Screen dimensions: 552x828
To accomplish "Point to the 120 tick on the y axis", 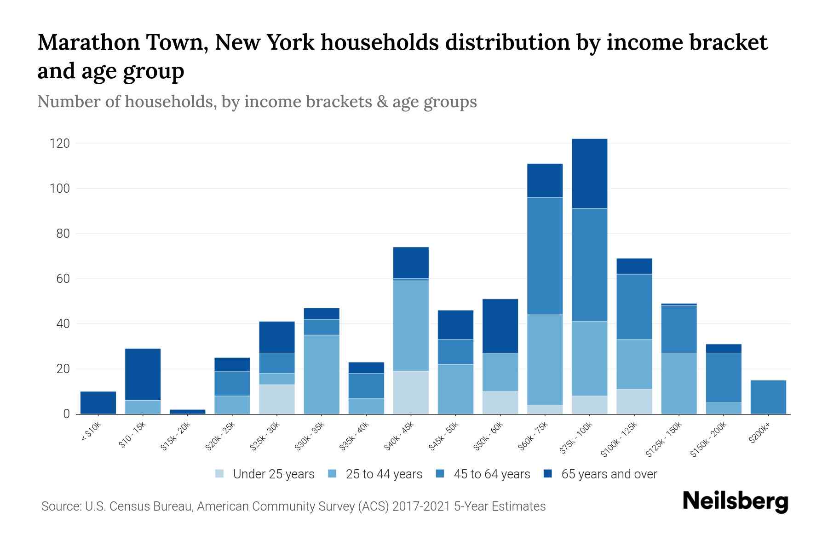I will pyautogui.click(x=60, y=144).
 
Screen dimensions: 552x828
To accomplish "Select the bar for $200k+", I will pyautogui.click(x=768, y=397).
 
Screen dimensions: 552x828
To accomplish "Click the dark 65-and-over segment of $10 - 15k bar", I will pyautogui.click(x=143, y=374).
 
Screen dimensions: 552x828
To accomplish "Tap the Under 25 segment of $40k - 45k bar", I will pyautogui.click(x=411, y=392).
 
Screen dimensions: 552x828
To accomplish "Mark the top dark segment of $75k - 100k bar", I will pyautogui.click(x=589, y=174).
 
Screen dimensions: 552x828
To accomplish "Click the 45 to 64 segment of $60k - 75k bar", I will pyautogui.click(x=545, y=256).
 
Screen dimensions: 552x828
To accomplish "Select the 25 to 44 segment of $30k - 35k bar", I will pyautogui.click(x=322, y=374).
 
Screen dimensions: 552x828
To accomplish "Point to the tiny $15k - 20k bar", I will pyautogui.click(x=187, y=412).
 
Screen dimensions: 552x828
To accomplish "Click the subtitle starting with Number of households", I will pyautogui.click(x=257, y=102).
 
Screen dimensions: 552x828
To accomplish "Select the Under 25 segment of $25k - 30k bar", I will pyautogui.click(x=277, y=399).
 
